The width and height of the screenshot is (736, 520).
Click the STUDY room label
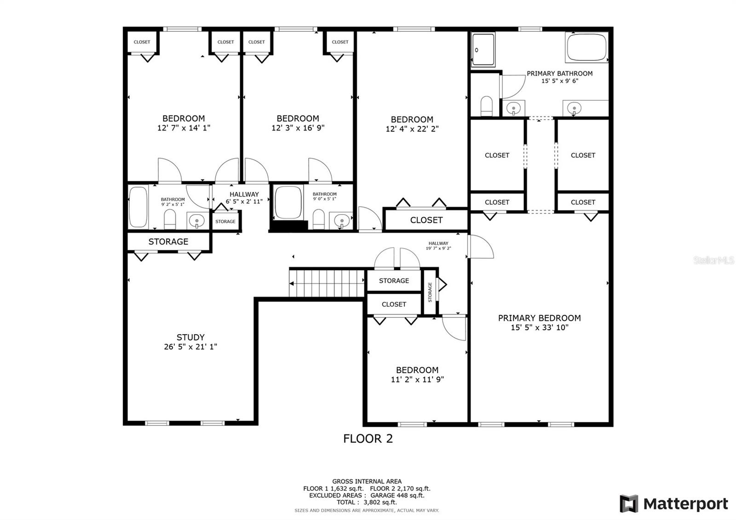point(190,337)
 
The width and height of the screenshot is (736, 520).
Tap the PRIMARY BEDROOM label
point(539,318)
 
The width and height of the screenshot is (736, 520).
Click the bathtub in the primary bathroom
point(586,47)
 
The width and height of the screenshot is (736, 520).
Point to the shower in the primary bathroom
point(483,50)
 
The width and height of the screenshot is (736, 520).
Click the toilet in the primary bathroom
point(486,106)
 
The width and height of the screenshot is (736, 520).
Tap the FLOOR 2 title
point(368,439)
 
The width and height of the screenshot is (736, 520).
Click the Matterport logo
point(674,503)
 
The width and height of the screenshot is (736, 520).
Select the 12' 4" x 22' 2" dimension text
point(412,129)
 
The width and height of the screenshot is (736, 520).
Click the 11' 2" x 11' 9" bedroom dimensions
point(417,379)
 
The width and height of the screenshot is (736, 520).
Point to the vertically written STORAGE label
point(430,292)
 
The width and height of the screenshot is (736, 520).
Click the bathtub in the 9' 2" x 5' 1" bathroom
point(138,207)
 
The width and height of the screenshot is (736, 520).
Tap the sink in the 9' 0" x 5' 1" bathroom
point(342,220)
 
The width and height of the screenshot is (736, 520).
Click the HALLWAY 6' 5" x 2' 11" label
point(244,198)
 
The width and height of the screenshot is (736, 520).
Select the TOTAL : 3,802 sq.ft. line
point(367,502)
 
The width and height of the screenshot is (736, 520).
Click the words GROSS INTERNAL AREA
point(367,481)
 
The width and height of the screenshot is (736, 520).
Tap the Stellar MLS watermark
point(713,260)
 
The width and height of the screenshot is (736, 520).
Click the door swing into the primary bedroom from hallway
point(480,247)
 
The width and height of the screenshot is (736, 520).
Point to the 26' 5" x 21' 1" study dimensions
point(190,347)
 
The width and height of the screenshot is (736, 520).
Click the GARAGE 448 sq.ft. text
point(397,495)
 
